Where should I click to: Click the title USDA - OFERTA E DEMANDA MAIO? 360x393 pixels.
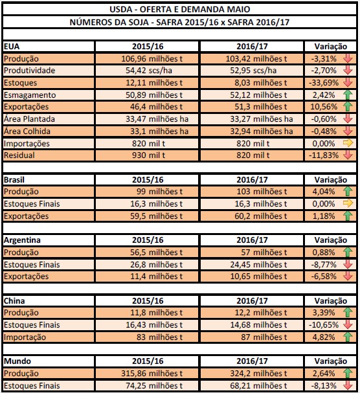pyautogui.click(x=179, y=8)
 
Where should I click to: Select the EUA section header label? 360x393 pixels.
pyautogui.click(x=11, y=47)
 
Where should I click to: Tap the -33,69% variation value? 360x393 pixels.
pyautogui.click(x=323, y=82)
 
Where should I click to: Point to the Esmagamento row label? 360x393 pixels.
pyautogui.click(x=27, y=95)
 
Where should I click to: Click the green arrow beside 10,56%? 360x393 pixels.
pyautogui.click(x=347, y=107)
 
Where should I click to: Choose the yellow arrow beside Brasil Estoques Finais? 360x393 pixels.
pyautogui.click(x=347, y=203)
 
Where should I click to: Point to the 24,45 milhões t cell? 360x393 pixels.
pyautogui.click(x=252, y=264)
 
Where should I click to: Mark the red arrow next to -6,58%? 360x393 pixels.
pyautogui.click(x=347, y=276)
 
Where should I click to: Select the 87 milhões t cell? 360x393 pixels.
pyautogui.click(x=252, y=337)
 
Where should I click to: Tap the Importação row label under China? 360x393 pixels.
pyautogui.click(x=25, y=337)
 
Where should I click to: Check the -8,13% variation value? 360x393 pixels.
pyautogui.click(x=323, y=386)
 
